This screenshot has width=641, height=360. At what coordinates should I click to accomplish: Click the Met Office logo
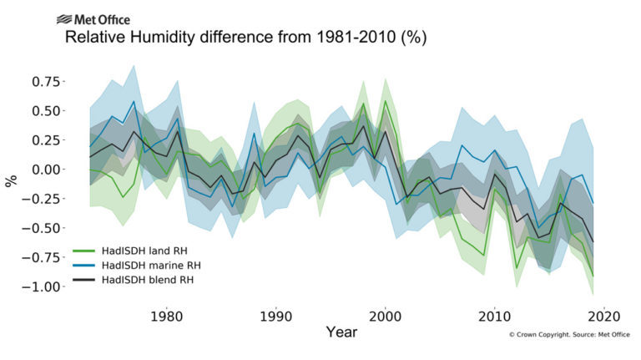click(x=93, y=19)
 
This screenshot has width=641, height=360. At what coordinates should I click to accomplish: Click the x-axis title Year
click(x=342, y=333)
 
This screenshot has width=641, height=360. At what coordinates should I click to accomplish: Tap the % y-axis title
click(x=12, y=179)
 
